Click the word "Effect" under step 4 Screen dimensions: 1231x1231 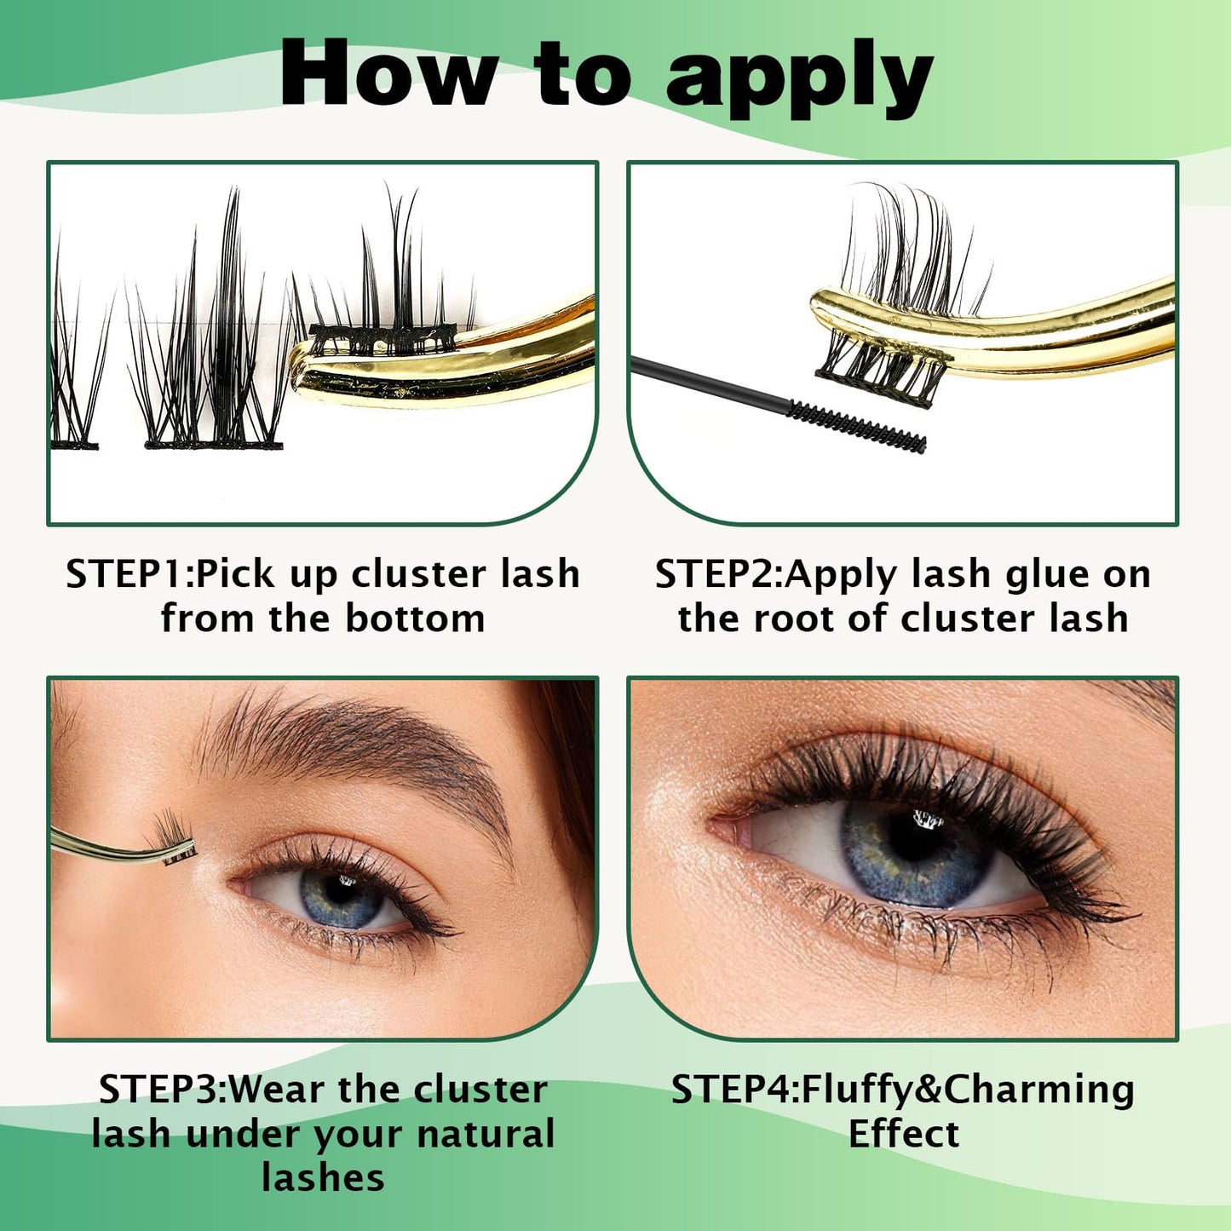pyautogui.click(x=903, y=1134)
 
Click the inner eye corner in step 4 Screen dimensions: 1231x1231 pyautogui.click(x=724, y=826)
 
